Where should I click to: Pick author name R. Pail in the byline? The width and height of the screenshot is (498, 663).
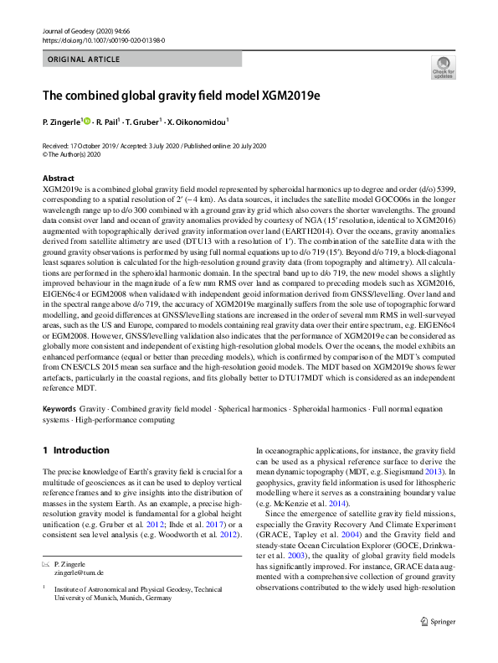click(109, 122)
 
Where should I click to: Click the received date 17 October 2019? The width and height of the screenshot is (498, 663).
click(91, 146)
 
